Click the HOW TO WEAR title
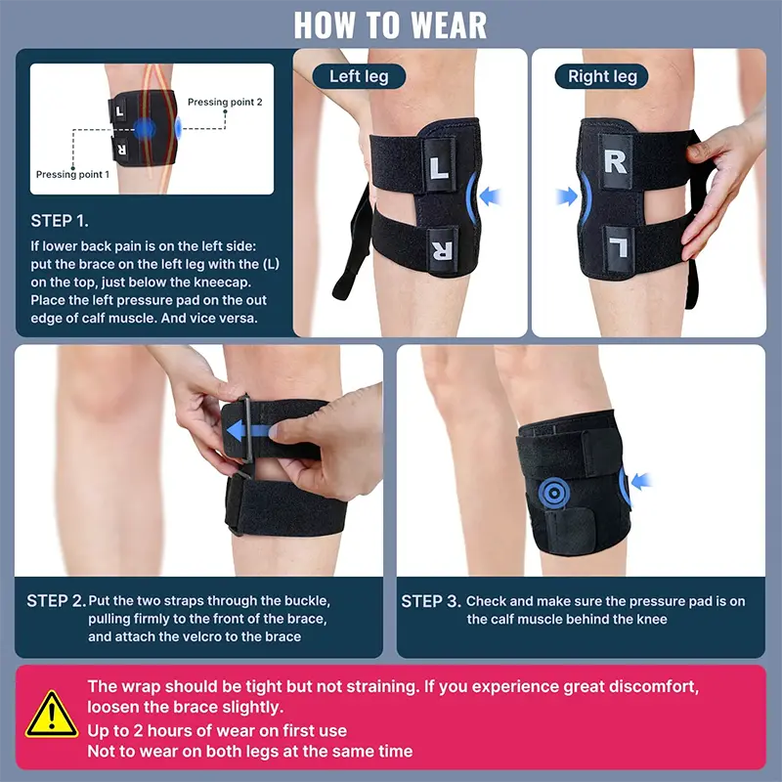point(390,25)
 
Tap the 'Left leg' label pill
point(359,76)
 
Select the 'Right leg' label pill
point(602,76)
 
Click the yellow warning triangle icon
point(52,715)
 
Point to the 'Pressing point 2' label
point(225,102)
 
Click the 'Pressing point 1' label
point(72,174)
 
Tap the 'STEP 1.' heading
point(60,221)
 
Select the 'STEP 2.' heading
point(57,601)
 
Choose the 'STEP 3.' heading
point(431,601)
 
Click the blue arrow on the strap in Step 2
point(247,431)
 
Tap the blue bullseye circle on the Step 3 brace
point(554,494)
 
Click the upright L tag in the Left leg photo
point(439,165)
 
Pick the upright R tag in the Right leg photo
point(616,161)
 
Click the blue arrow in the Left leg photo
point(491,196)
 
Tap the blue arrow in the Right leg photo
point(567,196)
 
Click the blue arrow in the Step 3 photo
point(641,481)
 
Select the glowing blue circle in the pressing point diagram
point(145,129)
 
